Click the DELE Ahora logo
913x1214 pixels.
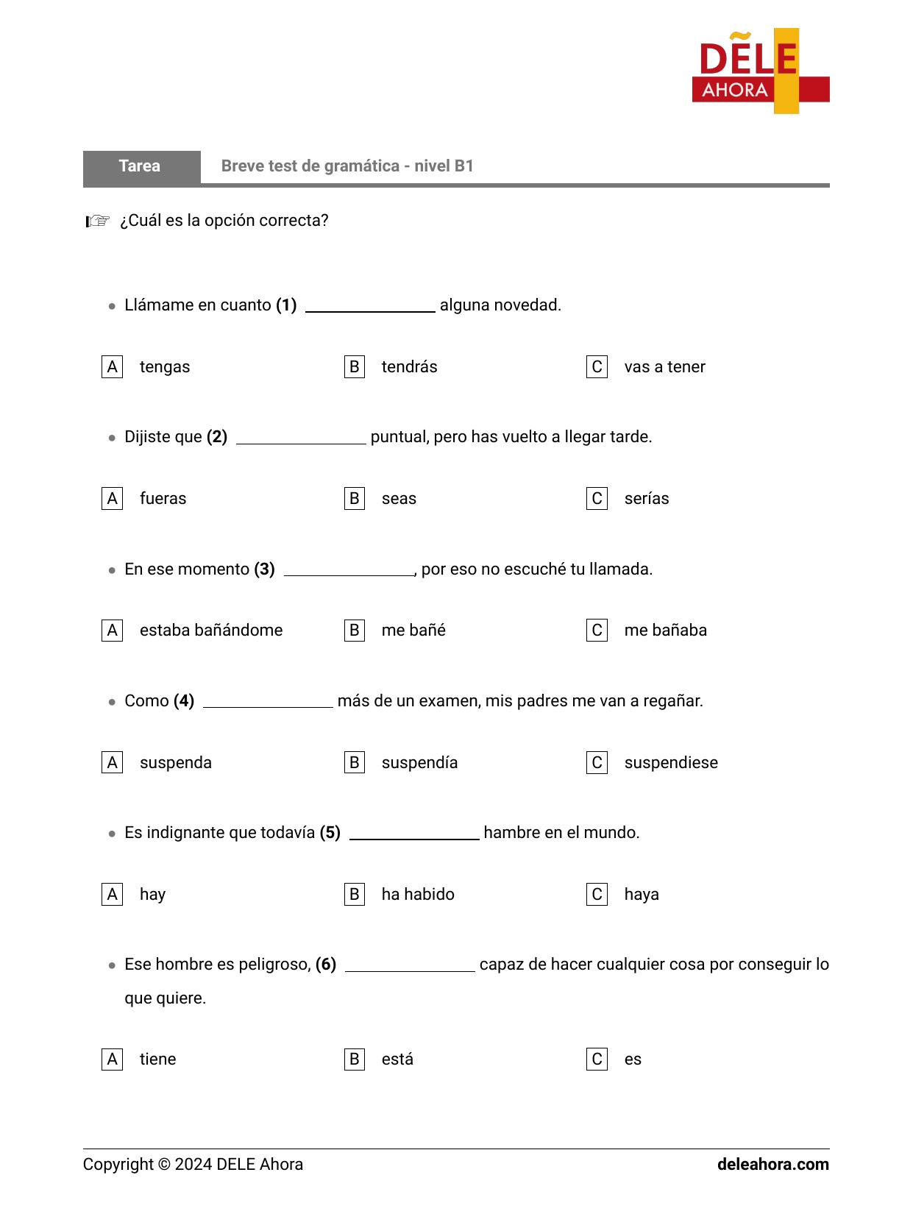pyautogui.click(x=761, y=71)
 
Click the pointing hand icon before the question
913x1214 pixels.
pyautogui.click(x=98, y=221)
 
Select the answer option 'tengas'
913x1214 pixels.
pyautogui.click(x=165, y=367)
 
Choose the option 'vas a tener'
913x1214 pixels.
pyautogui.click(x=664, y=367)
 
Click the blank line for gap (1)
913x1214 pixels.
pyautogui.click(x=370, y=307)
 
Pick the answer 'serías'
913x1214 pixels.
pyautogui.click(x=647, y=499)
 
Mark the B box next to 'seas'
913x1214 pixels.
pyautogui.click(x=355, y=499)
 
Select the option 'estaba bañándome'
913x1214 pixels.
pyautogui.click(x=211, y=631)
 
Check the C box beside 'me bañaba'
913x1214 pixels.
pyautogui.click(x=597, y=631)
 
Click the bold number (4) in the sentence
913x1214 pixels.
pyautogui.click(x=184, y=701)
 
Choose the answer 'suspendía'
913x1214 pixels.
pyautogui.click(x=419, y=763)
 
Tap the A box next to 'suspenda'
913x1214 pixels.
pyautogui.click(x=112, y=763)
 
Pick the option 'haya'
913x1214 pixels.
pyautogui.click(x=642, y=895)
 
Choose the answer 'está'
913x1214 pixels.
pyautogui.click(x=397, y=1059)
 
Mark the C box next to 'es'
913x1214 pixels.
pyautogui.click(x=597, y=1059)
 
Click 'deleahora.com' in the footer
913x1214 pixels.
pyautogui.click(x=772, y=1165)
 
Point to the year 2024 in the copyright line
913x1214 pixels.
pyautogui.click(x=193, y=1165)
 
